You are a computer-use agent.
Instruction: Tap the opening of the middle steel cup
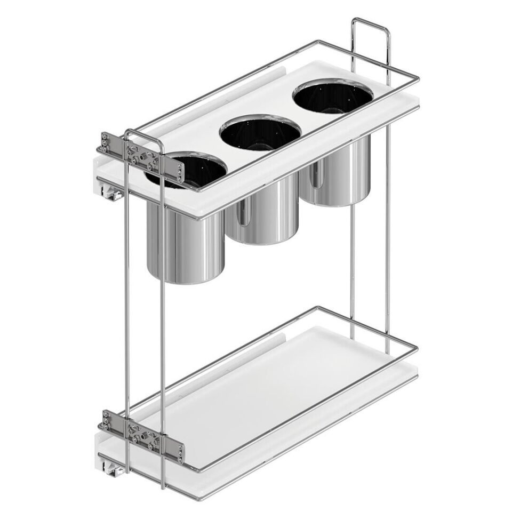click(260, 133)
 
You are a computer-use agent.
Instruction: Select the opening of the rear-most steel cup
click(332, 97)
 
